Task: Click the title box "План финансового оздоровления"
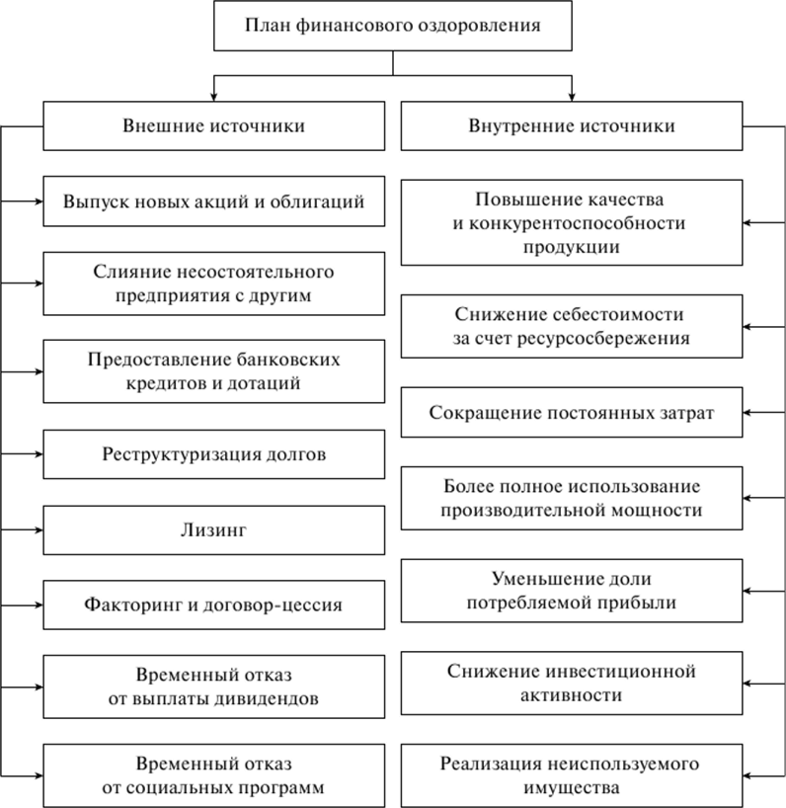point(392,26)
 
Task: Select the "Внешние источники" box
point(213,126)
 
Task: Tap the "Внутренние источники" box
point(572,126)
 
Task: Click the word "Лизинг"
point(213,529)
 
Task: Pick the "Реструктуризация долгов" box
point(213,454)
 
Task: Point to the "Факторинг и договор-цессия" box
point(213,605)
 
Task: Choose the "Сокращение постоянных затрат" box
point(572,413)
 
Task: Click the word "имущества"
point(572,788)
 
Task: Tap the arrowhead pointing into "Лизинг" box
point(39,529)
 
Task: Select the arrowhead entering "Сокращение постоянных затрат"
point(747,413)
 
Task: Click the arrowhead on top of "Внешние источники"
point(213,97)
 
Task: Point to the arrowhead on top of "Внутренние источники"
point(572,97)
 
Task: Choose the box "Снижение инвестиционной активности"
point(572,684)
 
